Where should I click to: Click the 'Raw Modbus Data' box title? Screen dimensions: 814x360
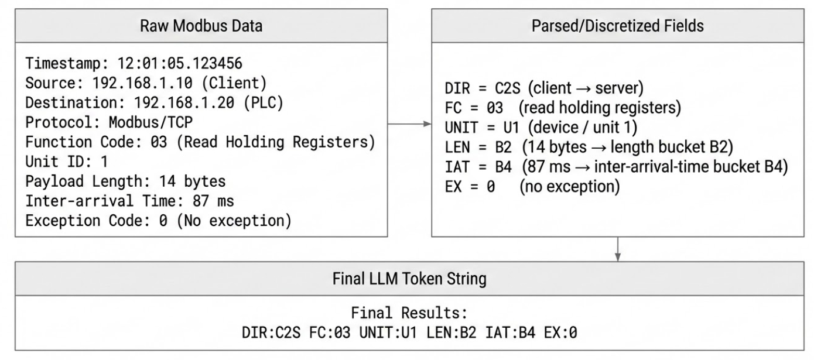click(x=201, y=26)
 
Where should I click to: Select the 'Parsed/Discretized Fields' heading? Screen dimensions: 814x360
click(x=617, y=26)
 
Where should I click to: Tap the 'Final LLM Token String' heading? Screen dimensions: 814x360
click(x=409, y=279)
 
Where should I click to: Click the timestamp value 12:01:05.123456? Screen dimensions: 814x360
click(x=180, y=64)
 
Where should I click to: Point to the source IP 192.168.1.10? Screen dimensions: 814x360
click(x=142, y=83)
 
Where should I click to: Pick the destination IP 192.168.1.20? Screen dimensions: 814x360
click(x=184, y=103)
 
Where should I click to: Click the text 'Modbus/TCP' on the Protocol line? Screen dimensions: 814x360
click(x=151, y=122)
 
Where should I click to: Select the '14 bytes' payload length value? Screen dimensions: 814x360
click(x=192, y=181)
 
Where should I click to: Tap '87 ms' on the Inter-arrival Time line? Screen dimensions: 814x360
click(x=213, y=201)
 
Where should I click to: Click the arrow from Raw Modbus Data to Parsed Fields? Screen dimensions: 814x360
click(x=409, y=124)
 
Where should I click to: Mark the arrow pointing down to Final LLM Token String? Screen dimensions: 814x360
click(x=617, y=249)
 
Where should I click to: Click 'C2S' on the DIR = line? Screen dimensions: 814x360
click(x=507, y=88)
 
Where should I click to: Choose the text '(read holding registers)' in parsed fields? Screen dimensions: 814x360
click(x=600, y=108)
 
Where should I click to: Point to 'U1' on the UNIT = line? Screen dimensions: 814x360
click(x=511, y=128)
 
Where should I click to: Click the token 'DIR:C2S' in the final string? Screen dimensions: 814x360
click(x=271, y=332)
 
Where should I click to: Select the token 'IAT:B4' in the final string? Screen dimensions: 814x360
click(x=510, y=332)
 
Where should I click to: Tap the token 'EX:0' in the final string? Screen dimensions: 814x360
click(x=560, y=332)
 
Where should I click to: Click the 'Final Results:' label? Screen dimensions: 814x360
click(x=409, y=313)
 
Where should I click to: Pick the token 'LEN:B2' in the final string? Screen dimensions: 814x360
click(x=452, y=332)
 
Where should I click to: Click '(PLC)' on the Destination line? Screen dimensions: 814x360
click(x=263, y=103)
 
